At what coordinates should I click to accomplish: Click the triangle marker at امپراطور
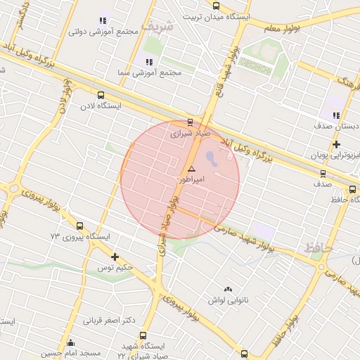tap(191, 169)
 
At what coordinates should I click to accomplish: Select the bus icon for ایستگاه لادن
tap(101, 95)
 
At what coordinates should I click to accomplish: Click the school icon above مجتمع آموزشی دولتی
tap(103, 20)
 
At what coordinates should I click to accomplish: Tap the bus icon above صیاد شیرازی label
tap(190, 122)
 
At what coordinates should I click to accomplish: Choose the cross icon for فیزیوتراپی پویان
tap(337, 143)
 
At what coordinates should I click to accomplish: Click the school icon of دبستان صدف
tap(336, 115)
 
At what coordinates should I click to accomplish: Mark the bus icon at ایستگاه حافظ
tap(353, 189)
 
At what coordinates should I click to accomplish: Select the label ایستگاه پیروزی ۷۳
tap(79, 237)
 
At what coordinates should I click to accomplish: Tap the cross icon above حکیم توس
tap(115, 257)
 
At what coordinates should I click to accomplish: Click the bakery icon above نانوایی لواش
tap(227, 289)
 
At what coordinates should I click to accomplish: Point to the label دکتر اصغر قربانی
tap(109, 321)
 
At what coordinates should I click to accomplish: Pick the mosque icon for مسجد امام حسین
tap(70, 344)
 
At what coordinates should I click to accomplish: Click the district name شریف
tap(156, 26)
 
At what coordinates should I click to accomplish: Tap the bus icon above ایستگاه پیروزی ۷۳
tap(79, 226)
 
